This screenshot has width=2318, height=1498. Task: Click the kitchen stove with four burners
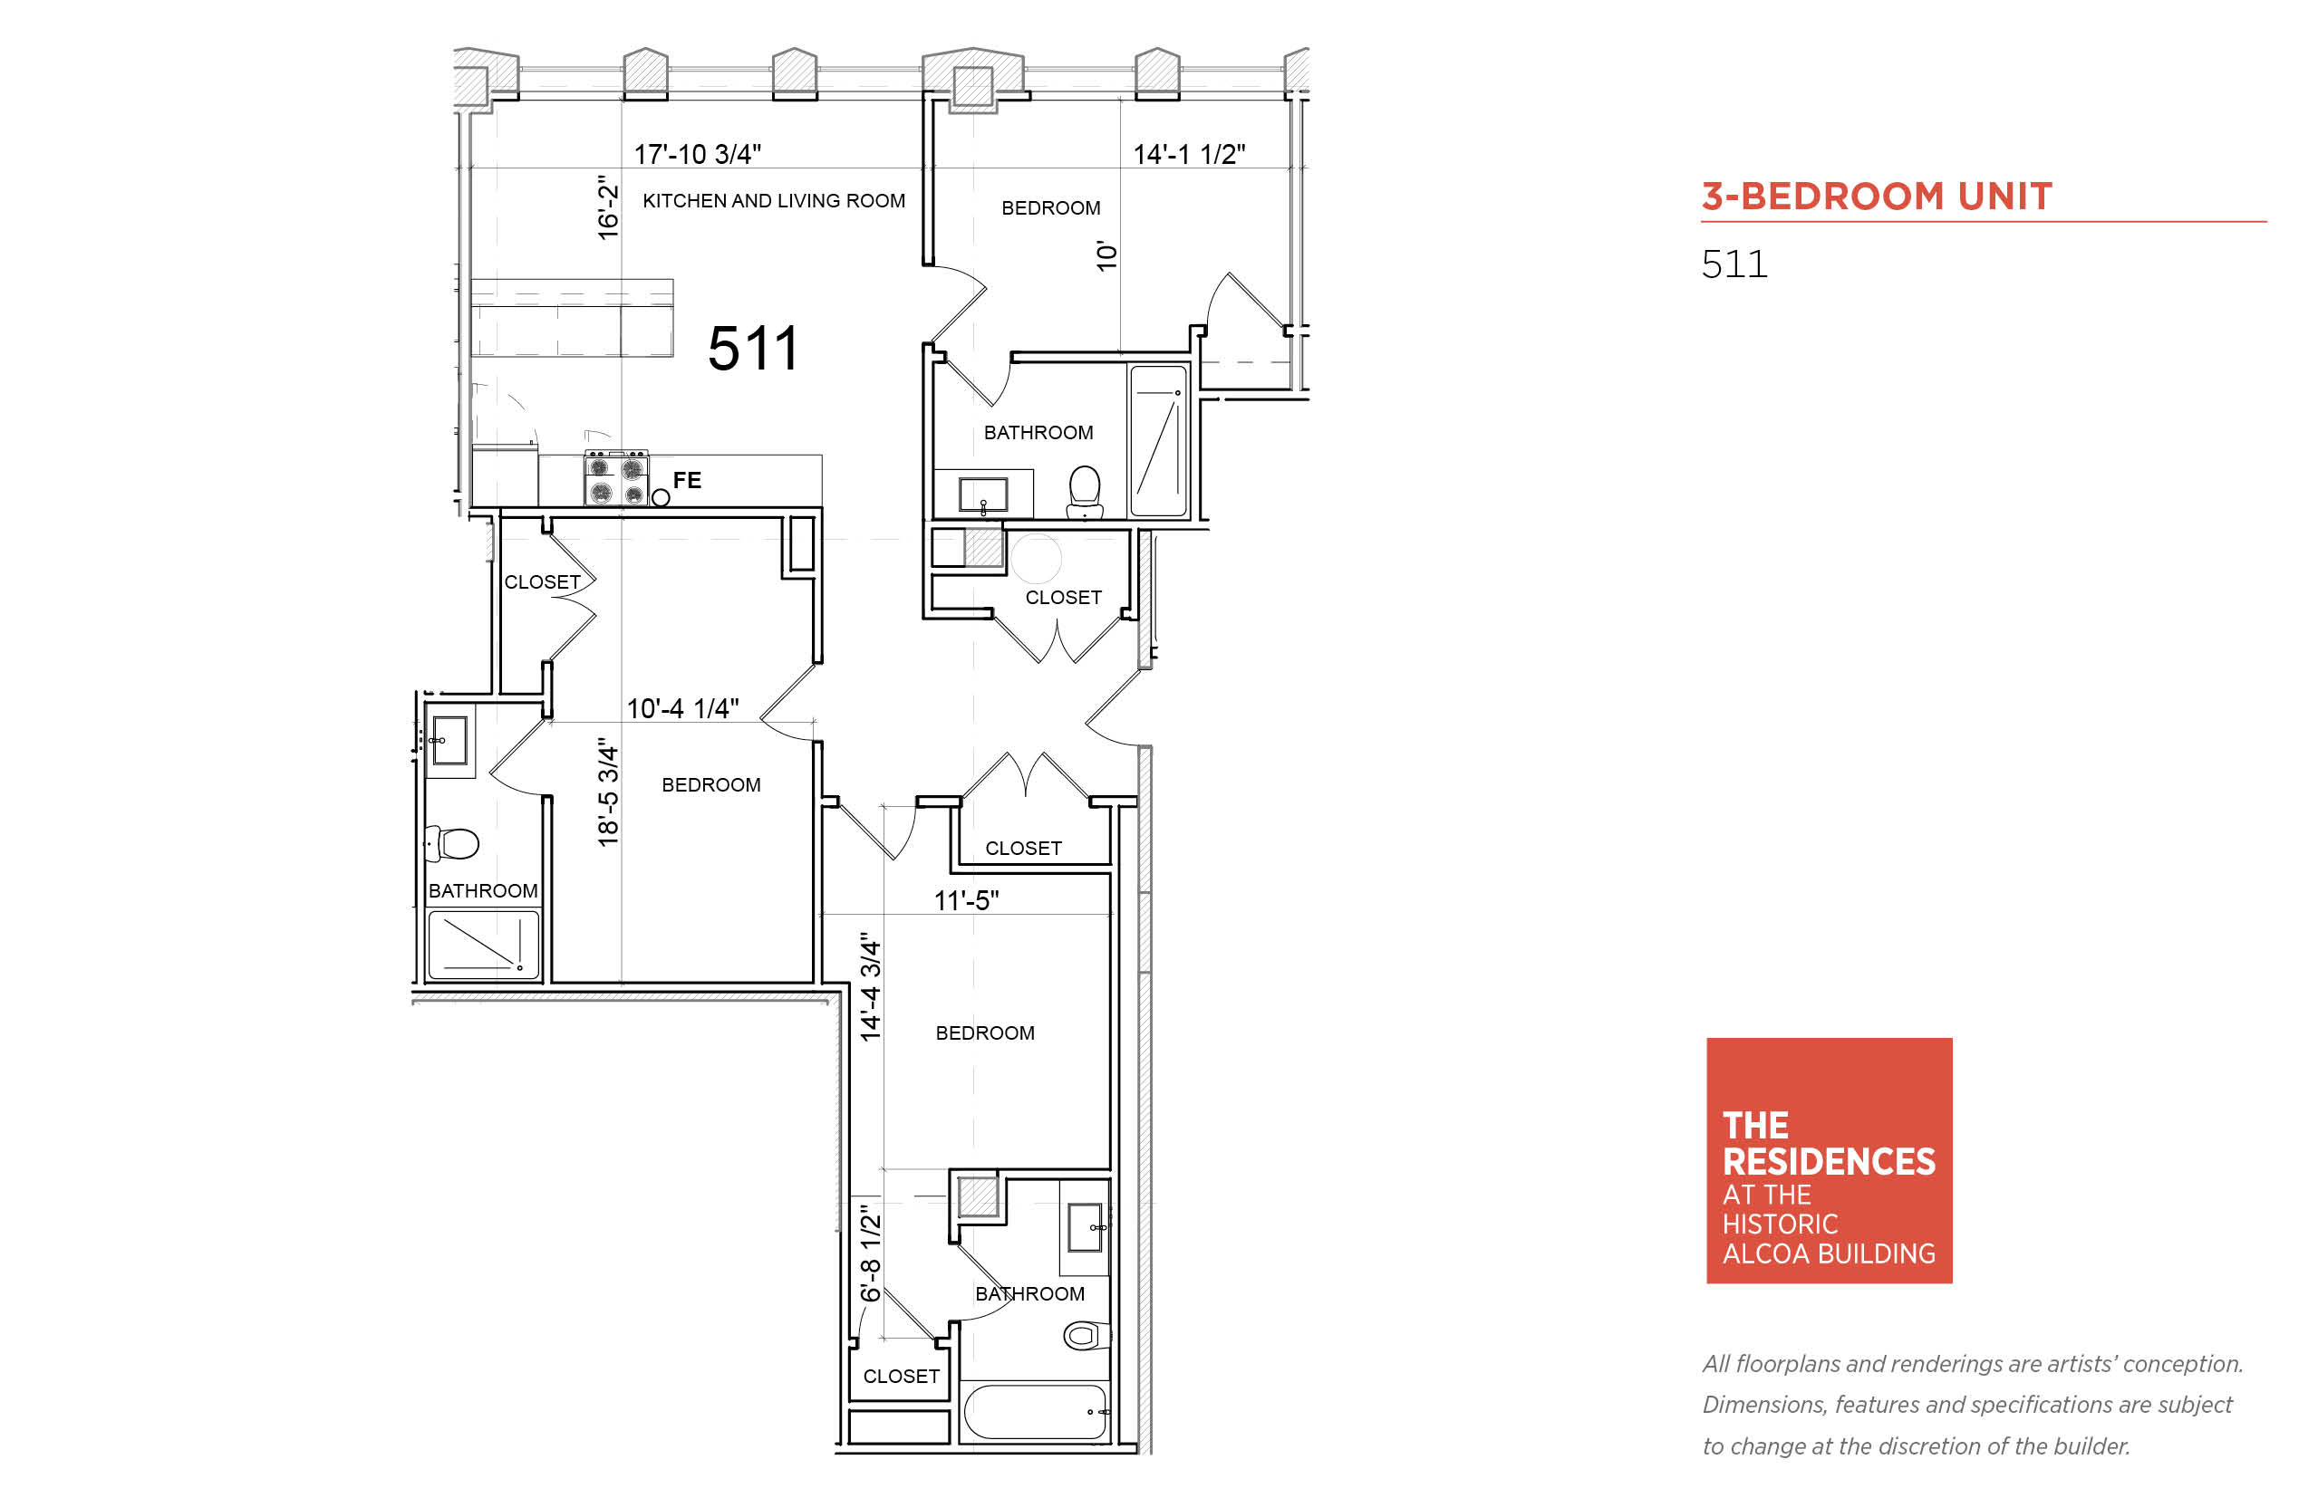tap(616, 477)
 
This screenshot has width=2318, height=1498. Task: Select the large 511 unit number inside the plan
tap(753, 349)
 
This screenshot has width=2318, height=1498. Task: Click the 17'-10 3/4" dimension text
tap(698, 154)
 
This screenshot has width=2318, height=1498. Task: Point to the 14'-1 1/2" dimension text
tap(1189, 154)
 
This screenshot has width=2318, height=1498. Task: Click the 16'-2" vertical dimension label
tap(608, 207)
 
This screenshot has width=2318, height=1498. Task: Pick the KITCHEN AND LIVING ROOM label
tap(774, 200)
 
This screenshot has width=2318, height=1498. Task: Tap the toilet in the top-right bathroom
tap(1084, 491)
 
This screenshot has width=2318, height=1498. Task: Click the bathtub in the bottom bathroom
tap(1036, 1411)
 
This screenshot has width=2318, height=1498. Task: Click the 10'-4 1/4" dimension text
tap(682, 708)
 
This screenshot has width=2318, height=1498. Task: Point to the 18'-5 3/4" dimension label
tap(608, 792)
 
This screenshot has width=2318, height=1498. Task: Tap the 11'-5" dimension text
tap(966, 901)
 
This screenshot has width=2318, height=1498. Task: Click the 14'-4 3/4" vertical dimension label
tap(870, 987)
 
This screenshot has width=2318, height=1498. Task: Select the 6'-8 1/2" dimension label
tap(870, 1253)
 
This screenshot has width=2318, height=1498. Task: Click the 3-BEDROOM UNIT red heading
tap(1878, 197)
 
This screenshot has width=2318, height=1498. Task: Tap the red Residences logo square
tap(1830, 1160)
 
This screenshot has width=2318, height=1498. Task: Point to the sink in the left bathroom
tap(449, 740)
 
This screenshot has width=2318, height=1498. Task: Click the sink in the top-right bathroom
tap(983, 495)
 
